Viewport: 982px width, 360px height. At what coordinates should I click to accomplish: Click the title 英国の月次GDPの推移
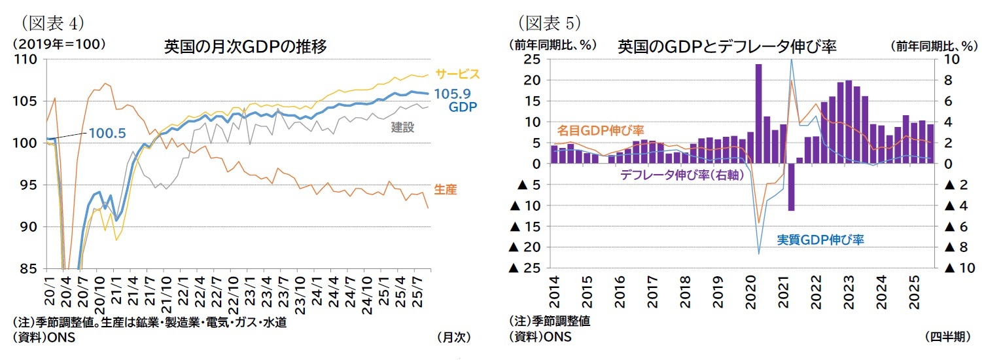point(245,47)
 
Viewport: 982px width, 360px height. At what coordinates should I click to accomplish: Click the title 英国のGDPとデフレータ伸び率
point(727,47)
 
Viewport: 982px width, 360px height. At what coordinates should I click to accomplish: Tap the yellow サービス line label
point(457,73)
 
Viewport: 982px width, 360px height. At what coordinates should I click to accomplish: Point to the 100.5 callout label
point(108,133)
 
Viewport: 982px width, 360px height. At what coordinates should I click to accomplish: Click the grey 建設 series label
point(402,127)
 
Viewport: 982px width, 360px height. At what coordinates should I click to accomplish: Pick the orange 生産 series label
point(445,190)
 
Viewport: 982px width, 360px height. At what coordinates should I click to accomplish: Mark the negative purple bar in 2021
point(791,187)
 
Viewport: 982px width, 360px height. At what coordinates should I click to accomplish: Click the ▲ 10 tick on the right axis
point(960,268)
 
